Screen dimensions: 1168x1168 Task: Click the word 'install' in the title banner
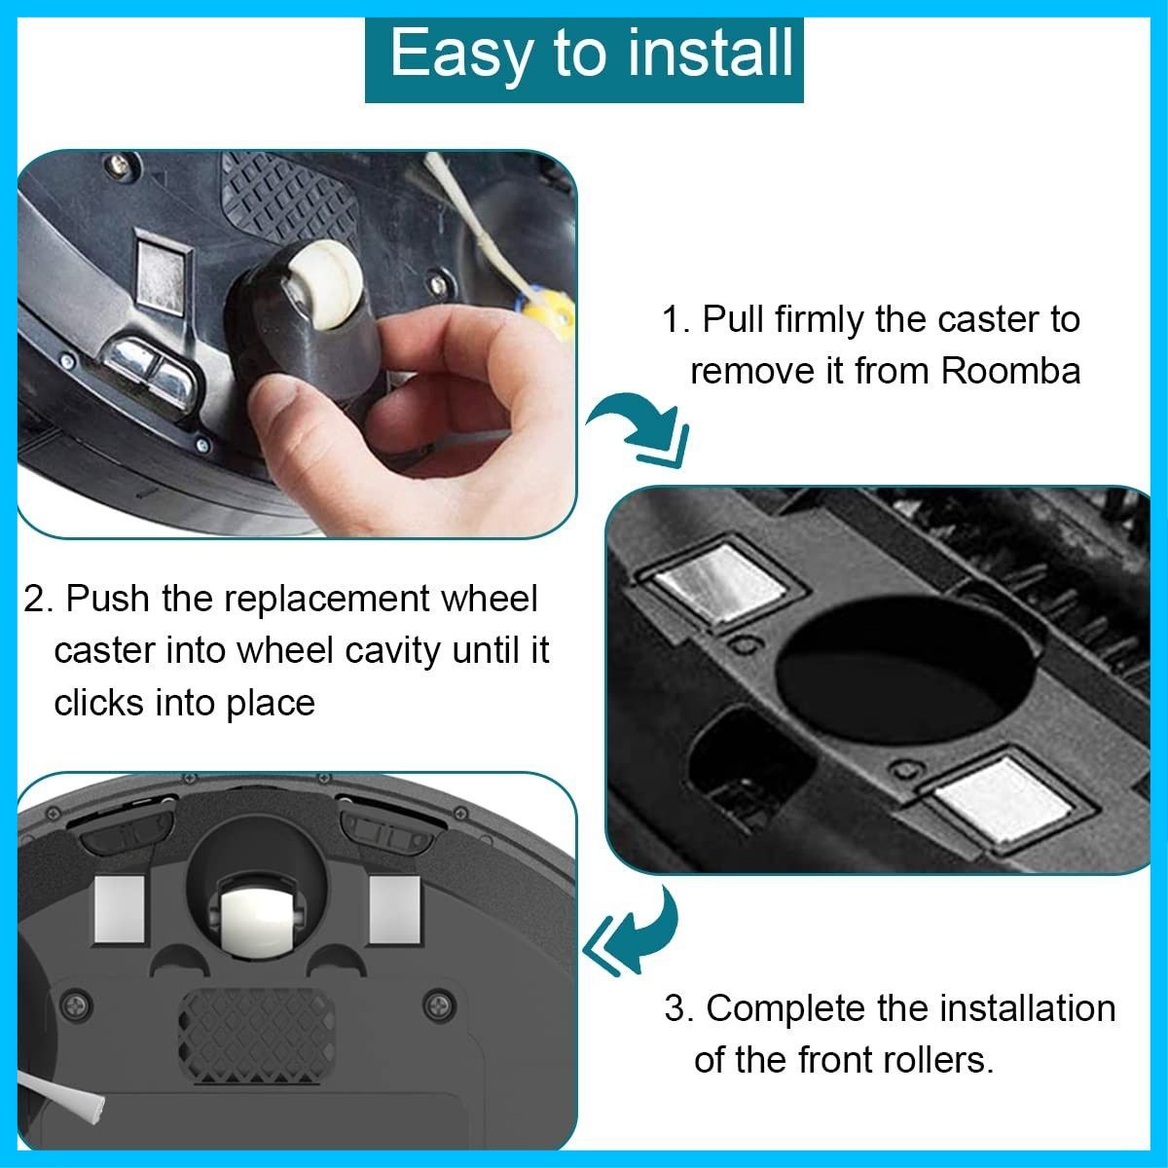[710, 54]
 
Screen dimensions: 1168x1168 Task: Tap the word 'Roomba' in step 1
[1010, 371]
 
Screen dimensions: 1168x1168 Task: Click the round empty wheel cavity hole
[905, 670]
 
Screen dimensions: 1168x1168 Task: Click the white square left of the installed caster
[120, 908]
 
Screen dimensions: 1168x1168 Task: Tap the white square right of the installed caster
[394, 909]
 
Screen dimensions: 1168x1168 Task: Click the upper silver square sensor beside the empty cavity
[719, 581]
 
